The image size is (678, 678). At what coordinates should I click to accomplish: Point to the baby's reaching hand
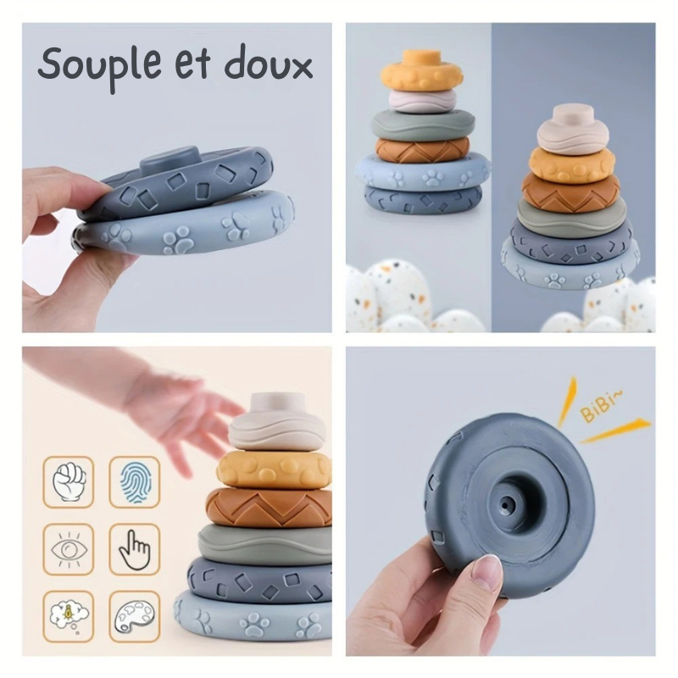pyautogui.click(x=191, y=415)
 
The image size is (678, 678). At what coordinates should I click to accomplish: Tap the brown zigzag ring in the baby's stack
pyautogui.click(x=271, y=506)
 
